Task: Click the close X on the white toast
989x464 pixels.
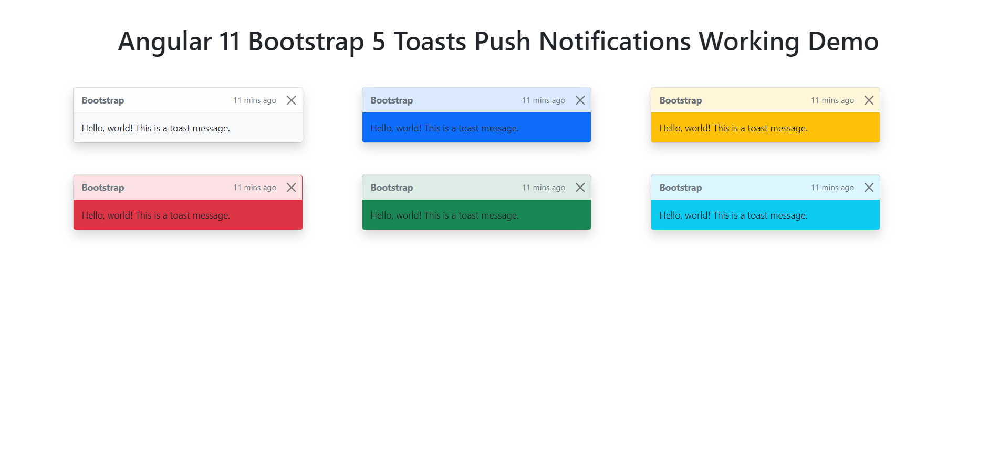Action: pyautogui.click(x=291, y=100)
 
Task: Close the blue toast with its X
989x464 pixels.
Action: pyautogui.click(x=580, y=100)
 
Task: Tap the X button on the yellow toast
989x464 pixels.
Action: pyautogui.click(x=869, y=100)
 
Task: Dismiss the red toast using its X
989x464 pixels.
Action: pyautogui.click(x=291, y=188)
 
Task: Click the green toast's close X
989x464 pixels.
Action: pyautogui.click(x=580, y=188)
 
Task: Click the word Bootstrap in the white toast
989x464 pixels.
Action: pyautogui.click(x=103, y=100)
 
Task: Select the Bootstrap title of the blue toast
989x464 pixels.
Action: pyautogui.click(x=392, y=100)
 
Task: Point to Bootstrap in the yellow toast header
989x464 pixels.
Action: pyautogui.click(x=681, y=100)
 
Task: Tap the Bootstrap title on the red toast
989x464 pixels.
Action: pyautogui.click(x=103, y=188)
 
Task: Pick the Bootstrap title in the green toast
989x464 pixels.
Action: pyautogui.click(x=392, y=188)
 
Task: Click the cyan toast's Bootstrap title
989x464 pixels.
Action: pyautogui.click(x=681, y=188)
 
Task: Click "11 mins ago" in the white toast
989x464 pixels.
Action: pyautogui.click(x=255, y=100)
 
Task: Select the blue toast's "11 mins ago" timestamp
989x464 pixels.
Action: pyautogui.click(x=544, y=100)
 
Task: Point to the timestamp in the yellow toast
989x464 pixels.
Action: pyautogui.click(x=832, y=100)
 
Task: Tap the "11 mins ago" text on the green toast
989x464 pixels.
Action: pyautogui.click(x=544, y=188)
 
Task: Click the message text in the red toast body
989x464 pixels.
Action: pyautogui.click(x=156, y=215)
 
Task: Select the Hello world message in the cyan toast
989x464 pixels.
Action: pyautogui.click(x=734, y=215)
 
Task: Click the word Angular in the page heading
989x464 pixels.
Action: pyautogui.click(x=165, y=42)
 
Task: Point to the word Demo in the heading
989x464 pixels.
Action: pyautogui.click(x=843, y=42)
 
